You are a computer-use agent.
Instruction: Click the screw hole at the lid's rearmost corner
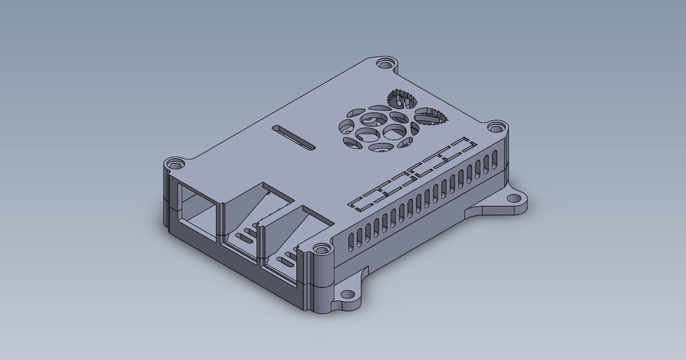click(385, 63)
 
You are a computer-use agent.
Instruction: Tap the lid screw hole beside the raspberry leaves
click(494, 127)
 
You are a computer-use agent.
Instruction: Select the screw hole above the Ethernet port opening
click(175, 163)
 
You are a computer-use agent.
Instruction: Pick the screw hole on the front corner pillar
click(324, 249)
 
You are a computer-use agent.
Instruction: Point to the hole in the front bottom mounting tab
click(349, 294)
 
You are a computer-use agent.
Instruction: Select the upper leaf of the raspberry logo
click(401, 99)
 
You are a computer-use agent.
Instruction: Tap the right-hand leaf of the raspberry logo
click(430, 117)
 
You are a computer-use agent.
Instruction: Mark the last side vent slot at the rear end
click(495, 157)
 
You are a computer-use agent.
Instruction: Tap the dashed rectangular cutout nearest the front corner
click(364, 200)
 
